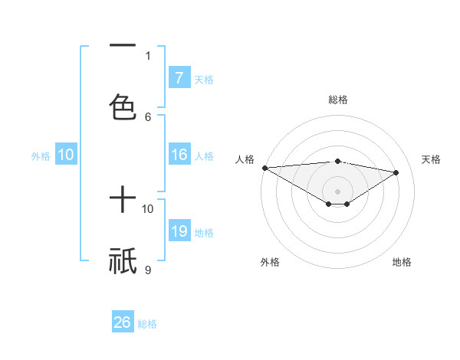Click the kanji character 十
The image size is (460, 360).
coord(123,201)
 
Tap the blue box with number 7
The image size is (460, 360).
coord(179,78)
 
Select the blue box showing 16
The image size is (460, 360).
coord(179,155)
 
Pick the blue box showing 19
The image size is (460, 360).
coord(179,231)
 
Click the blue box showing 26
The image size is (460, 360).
coord(123,322)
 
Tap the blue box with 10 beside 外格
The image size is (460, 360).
coord(66,155)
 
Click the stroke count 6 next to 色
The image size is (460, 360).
coord(148,116)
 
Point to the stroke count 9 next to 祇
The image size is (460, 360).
coord(148,270)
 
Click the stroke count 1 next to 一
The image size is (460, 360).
coord(148,55)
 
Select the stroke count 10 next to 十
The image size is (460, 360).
coord(148,208)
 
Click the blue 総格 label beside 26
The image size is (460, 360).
coord(147,324)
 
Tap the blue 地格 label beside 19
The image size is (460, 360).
coord(204,233)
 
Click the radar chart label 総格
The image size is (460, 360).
coord(337,100)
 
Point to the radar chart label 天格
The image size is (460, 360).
coord(431,159)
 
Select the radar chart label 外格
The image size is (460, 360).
coord(270,262)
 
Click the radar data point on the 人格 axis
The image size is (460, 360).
coord(264,168)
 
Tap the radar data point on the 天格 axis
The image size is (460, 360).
coord(396,172)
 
